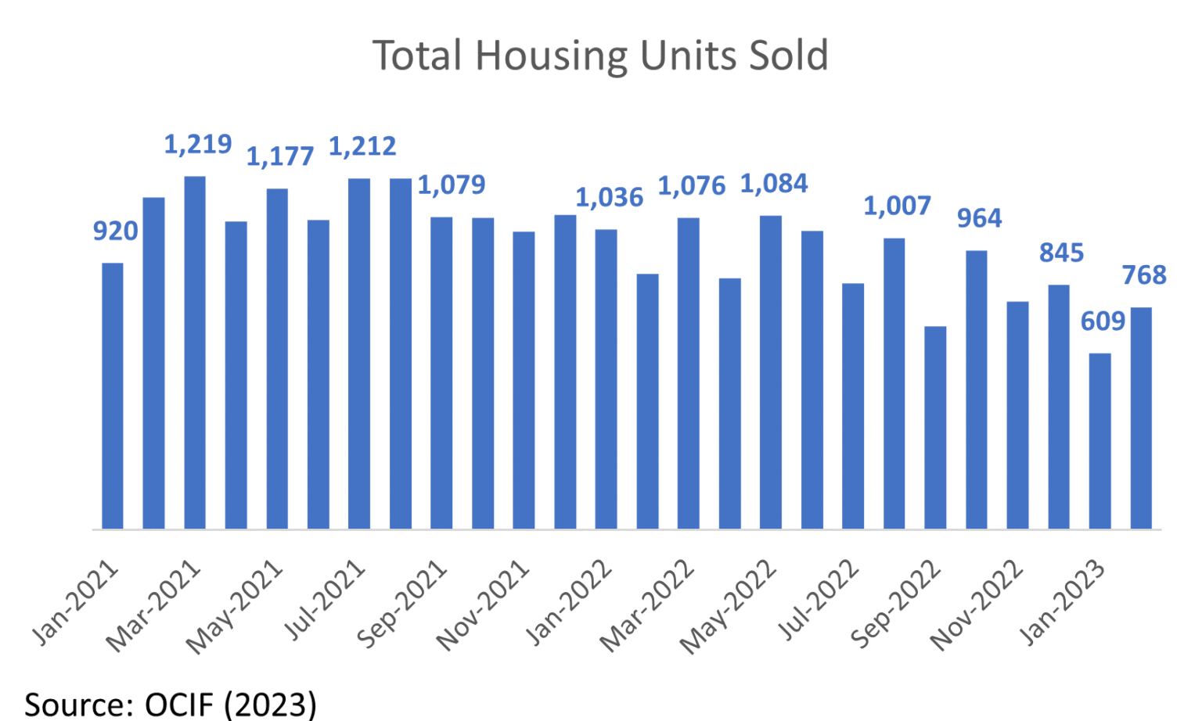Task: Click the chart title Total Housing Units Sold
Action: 600,56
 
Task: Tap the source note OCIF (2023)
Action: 171,704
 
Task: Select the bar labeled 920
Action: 113,396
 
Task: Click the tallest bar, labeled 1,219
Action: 195,353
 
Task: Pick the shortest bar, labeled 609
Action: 1099,441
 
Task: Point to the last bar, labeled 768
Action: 1141,418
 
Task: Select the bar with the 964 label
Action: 976,389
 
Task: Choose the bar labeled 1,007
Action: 894,384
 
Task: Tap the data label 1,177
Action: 280,157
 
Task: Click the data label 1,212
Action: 362,146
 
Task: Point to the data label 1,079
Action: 452,185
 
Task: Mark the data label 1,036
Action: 610,199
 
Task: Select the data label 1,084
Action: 774,185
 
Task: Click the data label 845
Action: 1061,253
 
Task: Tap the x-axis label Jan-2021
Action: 76,603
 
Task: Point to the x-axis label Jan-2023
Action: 1063,603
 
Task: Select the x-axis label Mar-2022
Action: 646,607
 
